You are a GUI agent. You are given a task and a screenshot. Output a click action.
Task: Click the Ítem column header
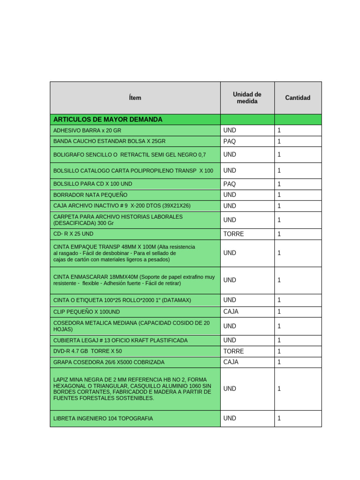point(135,98)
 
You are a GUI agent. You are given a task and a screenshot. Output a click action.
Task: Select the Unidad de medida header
point(247,98)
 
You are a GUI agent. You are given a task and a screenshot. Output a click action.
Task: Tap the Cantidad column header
point(298,98)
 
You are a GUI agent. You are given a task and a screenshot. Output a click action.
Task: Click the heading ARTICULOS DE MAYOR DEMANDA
point(108,120)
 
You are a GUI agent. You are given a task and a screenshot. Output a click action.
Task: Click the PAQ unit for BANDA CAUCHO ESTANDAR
point(230,141)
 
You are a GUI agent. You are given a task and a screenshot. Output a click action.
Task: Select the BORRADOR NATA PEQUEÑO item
point(90,195)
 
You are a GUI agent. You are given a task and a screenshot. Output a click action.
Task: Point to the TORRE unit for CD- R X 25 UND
point(233,234)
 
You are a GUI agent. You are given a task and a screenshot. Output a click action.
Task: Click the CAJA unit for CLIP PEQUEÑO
point(231,311)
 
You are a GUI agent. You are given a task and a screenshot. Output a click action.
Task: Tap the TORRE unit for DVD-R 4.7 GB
point(233,351)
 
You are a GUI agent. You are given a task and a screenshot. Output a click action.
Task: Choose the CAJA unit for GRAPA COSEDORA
point(231,362)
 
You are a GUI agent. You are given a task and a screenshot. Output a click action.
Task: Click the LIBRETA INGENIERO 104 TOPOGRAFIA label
point(103,418)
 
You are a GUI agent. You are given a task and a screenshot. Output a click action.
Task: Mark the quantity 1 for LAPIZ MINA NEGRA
point(279,389)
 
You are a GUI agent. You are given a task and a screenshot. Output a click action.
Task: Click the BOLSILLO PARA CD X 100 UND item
point(93,184)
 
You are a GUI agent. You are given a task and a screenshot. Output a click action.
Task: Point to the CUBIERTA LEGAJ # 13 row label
point(120,340)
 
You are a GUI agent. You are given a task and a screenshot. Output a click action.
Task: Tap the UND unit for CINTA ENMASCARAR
point(230,280)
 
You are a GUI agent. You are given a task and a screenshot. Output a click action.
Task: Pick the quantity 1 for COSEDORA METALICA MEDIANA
point(279,326)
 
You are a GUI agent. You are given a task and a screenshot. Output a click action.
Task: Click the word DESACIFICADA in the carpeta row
point(74,223)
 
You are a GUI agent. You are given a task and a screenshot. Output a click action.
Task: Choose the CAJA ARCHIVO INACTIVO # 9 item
point(122,206)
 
